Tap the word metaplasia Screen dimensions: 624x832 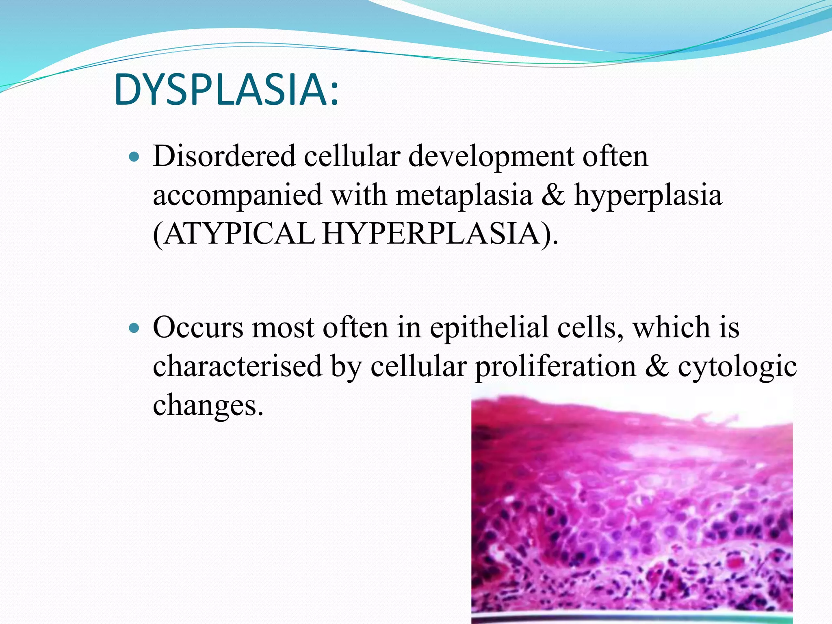coord(464,195)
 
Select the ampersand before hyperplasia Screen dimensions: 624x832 coord(553,195)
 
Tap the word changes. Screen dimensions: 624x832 coord(208,405)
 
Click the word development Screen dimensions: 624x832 coord(490,156)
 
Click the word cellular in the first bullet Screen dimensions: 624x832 coord(352,156)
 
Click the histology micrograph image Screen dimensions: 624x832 coord(632,508)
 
